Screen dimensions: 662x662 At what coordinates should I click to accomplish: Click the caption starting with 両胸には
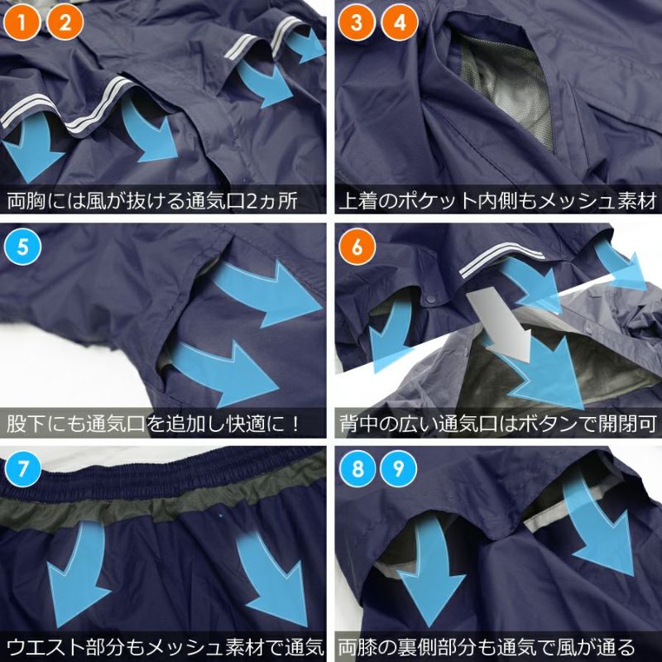[152, 200]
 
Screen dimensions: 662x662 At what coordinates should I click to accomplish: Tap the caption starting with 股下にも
[154, 424]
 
